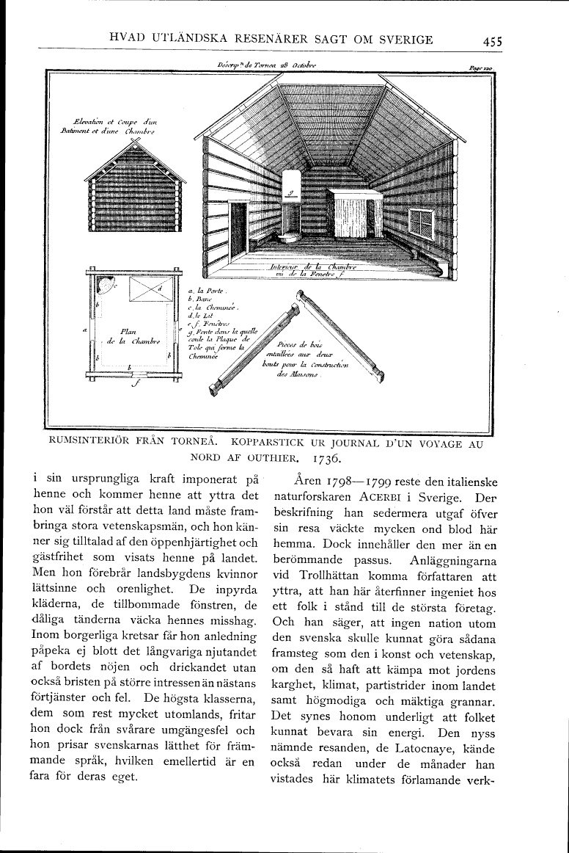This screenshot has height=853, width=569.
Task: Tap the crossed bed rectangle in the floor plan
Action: point(149,290)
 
